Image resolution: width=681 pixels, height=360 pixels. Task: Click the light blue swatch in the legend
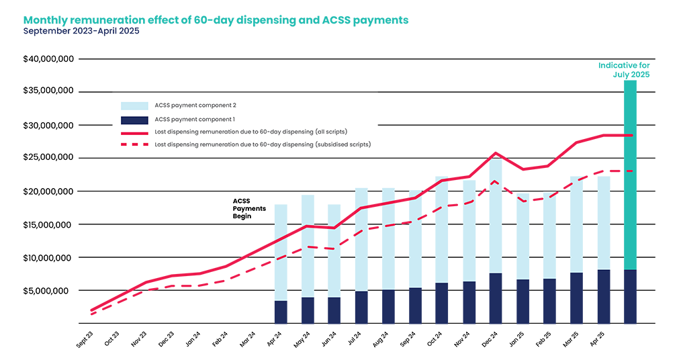click(134, 106)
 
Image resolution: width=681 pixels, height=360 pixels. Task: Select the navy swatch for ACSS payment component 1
click(134, 119)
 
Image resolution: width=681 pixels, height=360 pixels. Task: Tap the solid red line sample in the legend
click(134, 132)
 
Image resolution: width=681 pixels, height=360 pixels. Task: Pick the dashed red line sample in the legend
click(134, 144)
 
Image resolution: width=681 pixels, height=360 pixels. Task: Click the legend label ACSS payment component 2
click(195, 106)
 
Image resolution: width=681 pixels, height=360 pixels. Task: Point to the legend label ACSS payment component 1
click(195, 119)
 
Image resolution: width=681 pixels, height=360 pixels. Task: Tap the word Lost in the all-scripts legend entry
click(161, 132)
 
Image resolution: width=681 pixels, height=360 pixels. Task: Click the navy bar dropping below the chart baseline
click(630, 336)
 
